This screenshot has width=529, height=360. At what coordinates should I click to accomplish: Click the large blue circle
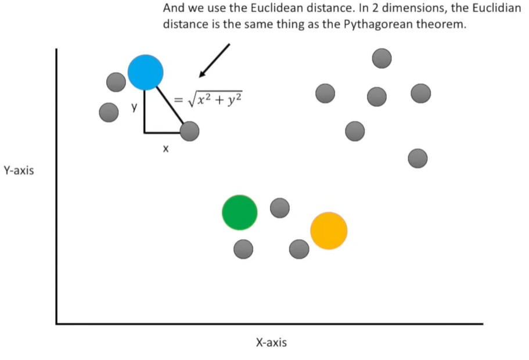pyautogui.click(x=145, y=72)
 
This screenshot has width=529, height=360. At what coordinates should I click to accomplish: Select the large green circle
pyautogui.click(x=239, y=213)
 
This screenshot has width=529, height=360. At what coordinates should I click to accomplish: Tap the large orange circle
pyautogui.click(x=329, y=231)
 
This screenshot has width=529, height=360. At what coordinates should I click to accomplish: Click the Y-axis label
pyautogui.click(x=19, y=171)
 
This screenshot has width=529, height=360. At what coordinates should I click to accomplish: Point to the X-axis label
pyautogui.click(x=271, y=343)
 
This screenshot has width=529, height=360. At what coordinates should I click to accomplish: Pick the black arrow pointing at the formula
pyautogui.click(x=214, y=60)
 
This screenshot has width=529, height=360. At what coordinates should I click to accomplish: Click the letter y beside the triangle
pyautogui.click(x=134, y=107)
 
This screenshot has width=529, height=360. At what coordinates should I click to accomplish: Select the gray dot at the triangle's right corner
pyautogui.click(x=189, y=132)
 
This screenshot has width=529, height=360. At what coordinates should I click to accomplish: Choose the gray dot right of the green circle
pyautogui.click(x=280, y=207)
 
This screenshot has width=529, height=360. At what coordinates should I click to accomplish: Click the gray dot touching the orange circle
pyautogui.click(x=299, y=249)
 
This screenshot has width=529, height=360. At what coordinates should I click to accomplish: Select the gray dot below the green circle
pyautogui.click(x=243, y=250)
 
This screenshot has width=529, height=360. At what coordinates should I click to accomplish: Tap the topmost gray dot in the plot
pyautogui.click(x=382, y=58)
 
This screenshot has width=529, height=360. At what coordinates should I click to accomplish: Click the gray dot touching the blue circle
pyautogui.click(x=116, y=82)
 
